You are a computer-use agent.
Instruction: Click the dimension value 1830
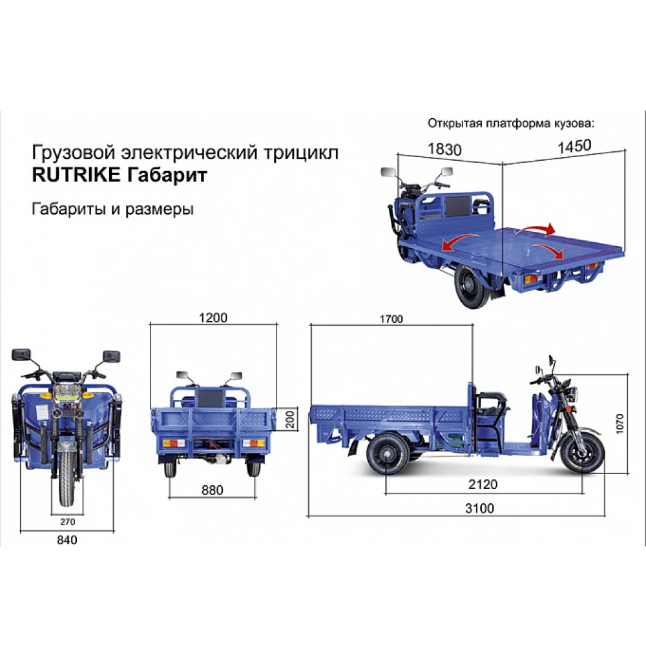point(444,149)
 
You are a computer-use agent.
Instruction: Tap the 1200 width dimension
point(213,318)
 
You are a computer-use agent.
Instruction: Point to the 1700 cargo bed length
point(391,318)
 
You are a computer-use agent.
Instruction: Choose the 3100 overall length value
point(479,508)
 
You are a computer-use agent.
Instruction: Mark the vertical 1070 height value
point(620,423)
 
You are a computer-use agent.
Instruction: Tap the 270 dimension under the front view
point(68,521)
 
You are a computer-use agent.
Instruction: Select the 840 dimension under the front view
point(67,540)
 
